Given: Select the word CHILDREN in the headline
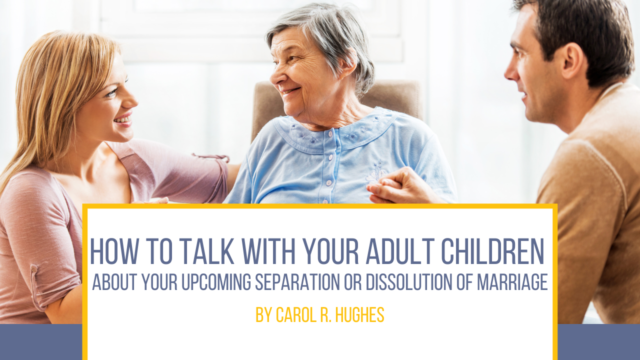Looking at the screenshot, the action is [492, 251].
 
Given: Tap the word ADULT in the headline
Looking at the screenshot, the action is [400, 251].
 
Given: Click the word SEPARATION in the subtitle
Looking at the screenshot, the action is [297, 281].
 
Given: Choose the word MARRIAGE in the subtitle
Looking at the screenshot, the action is [512, 281].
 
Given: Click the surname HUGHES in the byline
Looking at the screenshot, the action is [359, 315].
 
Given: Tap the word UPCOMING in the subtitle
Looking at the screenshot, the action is [216, 281].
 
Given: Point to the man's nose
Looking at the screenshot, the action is [512, 71].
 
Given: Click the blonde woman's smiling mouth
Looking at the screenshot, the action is [124, 120].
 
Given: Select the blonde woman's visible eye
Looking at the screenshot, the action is [111, 92].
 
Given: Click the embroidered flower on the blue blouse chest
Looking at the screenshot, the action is [375, 173].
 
